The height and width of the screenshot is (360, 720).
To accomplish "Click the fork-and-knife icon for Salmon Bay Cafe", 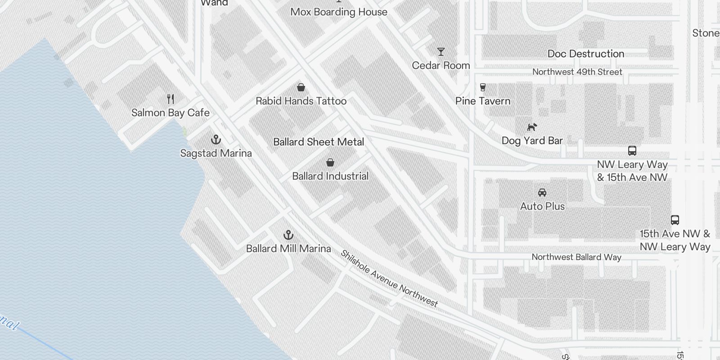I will (x=171, y=99).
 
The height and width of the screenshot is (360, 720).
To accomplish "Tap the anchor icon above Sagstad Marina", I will (x=216, y=139).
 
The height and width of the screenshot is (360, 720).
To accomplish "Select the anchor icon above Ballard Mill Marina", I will (x=288, y=235).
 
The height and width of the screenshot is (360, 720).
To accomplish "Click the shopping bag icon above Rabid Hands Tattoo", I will (x=301, y=87).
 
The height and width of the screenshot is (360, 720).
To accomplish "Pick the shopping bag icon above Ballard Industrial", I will (x=330, y=162).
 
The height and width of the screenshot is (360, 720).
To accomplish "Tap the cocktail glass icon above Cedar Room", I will (x=441, y=52).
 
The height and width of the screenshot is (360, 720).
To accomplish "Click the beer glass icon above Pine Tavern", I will (x=483, y=87).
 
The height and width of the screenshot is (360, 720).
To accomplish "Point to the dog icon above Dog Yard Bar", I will (x=532, y=127).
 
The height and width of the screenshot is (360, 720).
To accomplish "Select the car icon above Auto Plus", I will (x=542, y=193).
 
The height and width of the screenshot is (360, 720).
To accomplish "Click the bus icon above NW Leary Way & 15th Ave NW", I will (x=632, y=151).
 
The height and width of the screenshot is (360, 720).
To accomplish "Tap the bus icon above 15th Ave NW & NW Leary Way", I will (x=675, y=220).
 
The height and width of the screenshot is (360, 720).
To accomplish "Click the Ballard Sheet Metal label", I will (x=319, y=142).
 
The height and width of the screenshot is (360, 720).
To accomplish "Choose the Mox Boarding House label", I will (x=339, y=12).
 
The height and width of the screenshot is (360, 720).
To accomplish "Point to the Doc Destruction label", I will (x=586, y=54).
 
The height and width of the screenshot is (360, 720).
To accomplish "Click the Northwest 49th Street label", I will (x=577, y=72).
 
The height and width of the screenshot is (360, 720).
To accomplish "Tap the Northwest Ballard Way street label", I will (x=576, y=257).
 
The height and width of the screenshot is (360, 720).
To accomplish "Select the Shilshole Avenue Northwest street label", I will (x=389, y=279).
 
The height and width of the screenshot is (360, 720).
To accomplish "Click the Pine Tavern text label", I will (x=483, y=101).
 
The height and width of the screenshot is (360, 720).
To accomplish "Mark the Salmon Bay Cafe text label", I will (x=171, y=112).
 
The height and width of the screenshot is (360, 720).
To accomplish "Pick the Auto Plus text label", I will (x=542, y=206).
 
